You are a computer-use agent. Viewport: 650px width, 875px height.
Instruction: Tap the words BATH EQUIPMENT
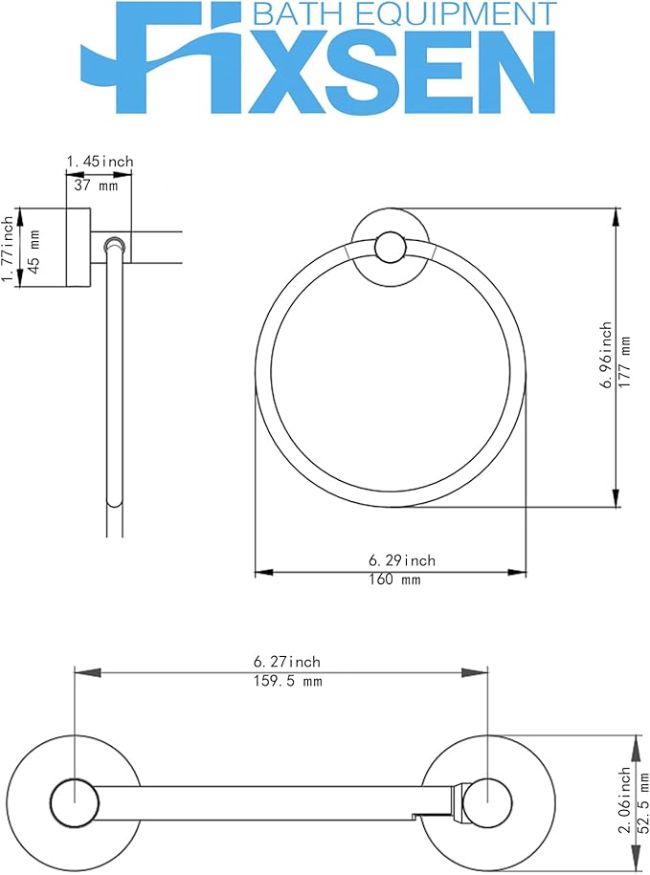[405, 12]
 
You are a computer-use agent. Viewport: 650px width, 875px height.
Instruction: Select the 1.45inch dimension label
[101, 162]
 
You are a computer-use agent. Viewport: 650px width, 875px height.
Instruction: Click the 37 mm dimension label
[96, 186]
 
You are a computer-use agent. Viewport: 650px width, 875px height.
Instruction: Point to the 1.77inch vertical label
[8, 250]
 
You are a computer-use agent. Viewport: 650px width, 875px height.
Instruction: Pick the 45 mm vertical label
[34, 251]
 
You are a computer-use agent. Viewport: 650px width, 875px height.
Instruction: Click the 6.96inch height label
[606, 355]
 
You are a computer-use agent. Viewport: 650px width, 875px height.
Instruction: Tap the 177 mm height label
[626, 362]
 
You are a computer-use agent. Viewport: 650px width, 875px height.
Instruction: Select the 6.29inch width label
[402, 559]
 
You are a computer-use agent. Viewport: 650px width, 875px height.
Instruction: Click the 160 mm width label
[394, 580]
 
